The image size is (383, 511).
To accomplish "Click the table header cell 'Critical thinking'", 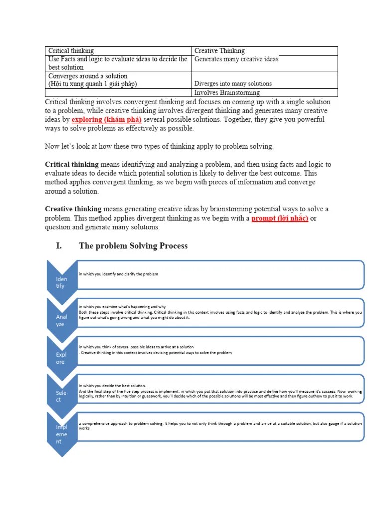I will click(71, 51).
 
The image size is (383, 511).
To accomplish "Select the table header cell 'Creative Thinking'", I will click(219, 51).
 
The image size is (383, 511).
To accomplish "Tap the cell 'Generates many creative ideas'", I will click(236, 59).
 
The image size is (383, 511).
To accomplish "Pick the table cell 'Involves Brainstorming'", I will click(227, 93).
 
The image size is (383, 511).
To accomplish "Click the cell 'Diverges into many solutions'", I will click(233, 84).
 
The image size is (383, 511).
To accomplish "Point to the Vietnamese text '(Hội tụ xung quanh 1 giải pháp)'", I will click(92, 84).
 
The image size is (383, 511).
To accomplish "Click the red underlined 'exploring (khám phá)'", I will click(107, 120).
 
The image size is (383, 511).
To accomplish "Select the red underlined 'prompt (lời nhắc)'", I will click(280, 219).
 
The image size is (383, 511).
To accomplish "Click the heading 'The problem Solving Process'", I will click(133, 246).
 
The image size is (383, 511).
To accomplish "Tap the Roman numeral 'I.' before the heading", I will click(59, 246).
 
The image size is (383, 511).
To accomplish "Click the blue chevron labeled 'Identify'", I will click(61, 282).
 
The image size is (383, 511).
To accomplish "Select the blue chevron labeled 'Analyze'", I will click(61, 320).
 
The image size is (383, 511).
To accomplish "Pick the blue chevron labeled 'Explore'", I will click(61, 358).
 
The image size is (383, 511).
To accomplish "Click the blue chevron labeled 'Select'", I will click(61, 396).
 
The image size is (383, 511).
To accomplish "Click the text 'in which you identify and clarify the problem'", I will click(118, 274).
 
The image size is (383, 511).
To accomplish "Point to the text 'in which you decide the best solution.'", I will click(112, 386).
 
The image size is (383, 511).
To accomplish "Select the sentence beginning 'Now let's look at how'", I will click(159, 146).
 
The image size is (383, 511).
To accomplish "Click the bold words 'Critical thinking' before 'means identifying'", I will click(72, 164).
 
